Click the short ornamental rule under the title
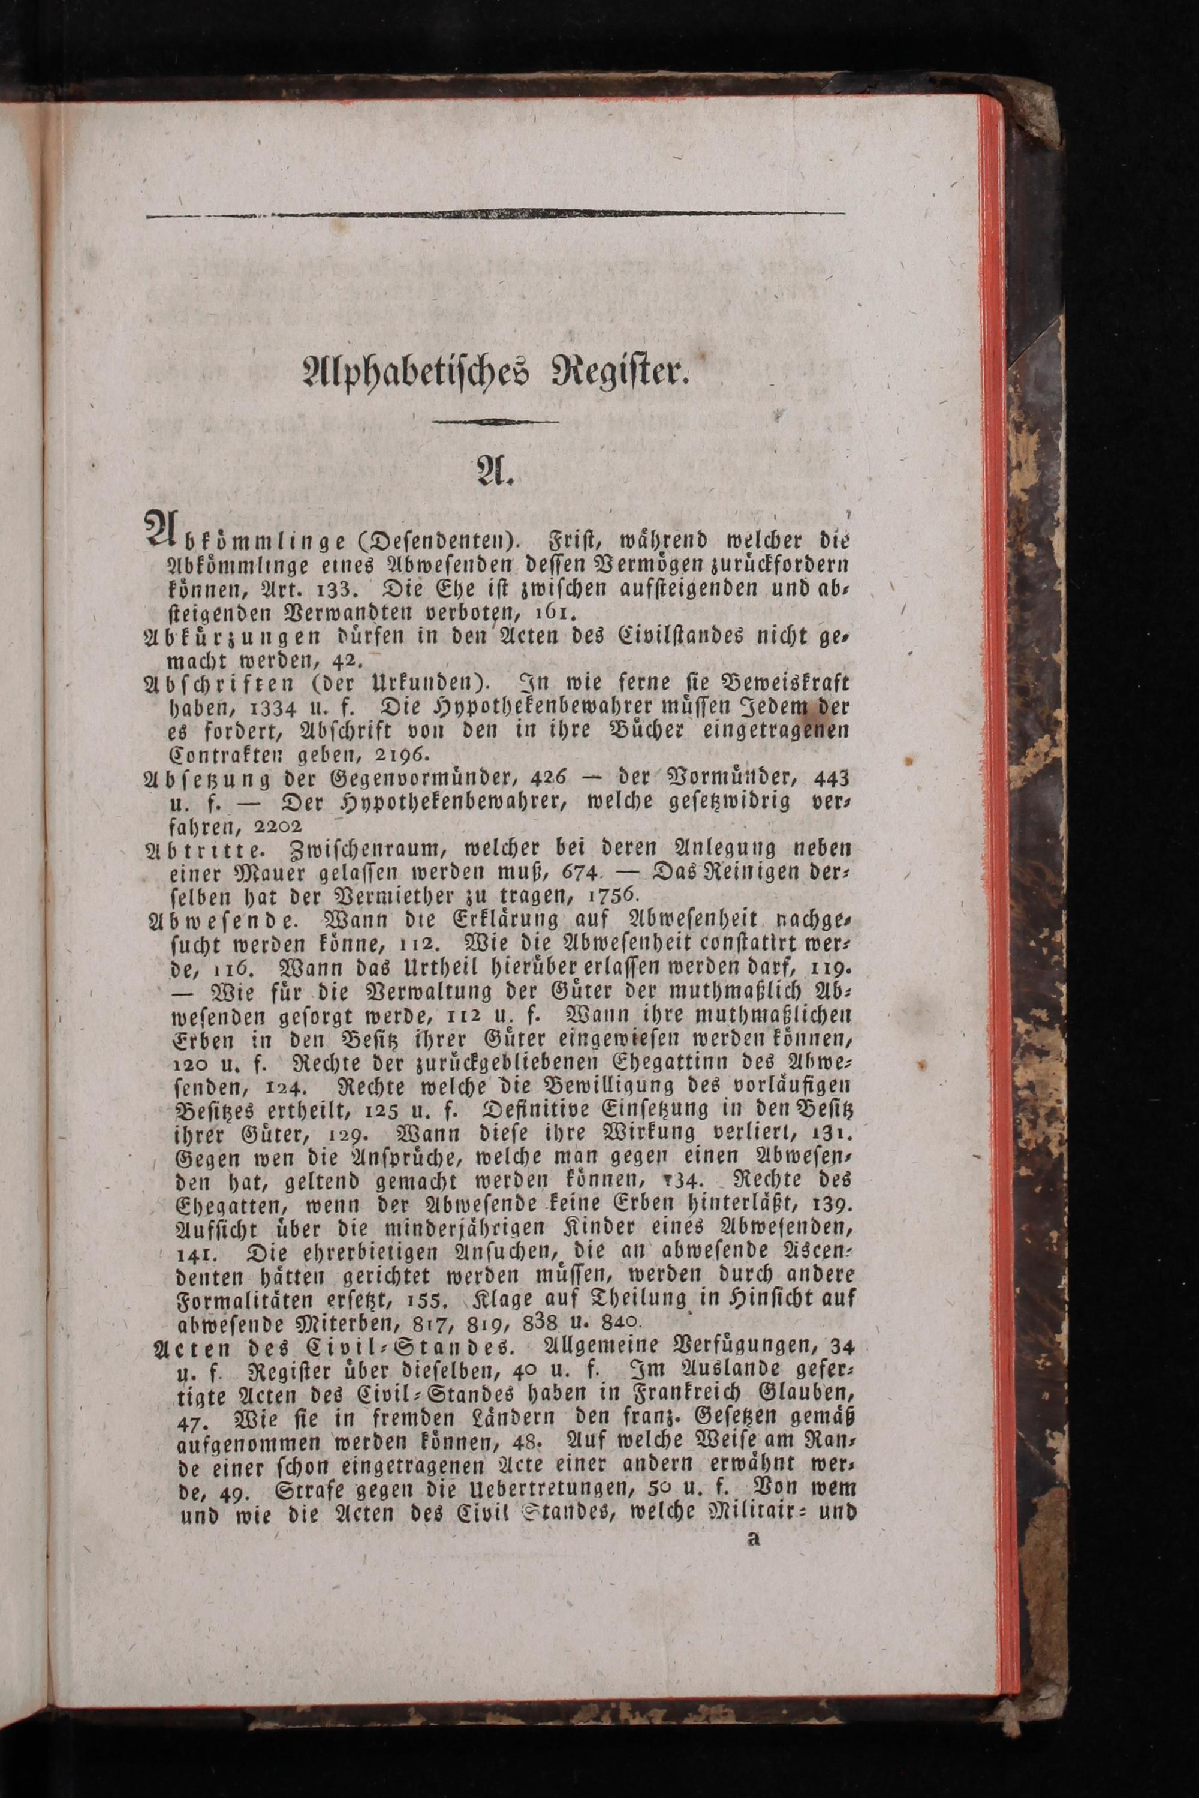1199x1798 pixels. (495, 422)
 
